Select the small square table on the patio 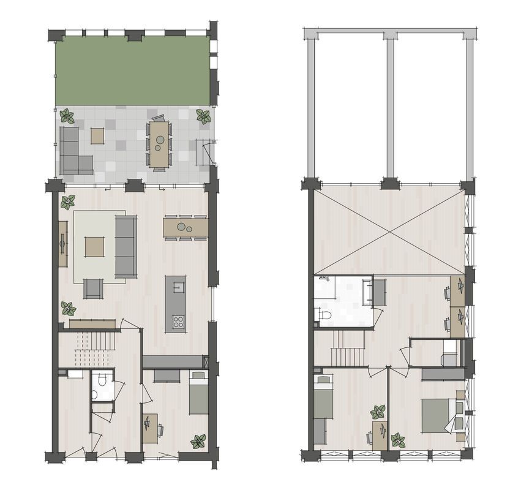tap(97, 135)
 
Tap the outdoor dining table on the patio tap(159, 143)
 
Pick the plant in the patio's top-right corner tap(203, 116)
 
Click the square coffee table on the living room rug tap(95, 247)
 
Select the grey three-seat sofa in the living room tap(126, 246)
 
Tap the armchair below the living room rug tap(93, 288)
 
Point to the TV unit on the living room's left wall tap(62, 244)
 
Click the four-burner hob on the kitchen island tap(179, 321)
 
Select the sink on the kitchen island tap(179, 285)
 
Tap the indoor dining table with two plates tap(185, 227)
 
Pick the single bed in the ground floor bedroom tap(198, 394)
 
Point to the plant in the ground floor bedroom tap(198, 441)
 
